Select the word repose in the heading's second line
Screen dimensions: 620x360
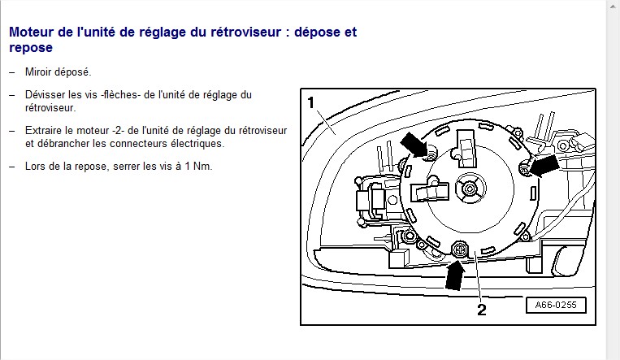pyautogui.click(x=31, y=48)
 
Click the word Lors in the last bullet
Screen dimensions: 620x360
pyautogui.click(x=34, y=167)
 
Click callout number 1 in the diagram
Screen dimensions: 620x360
pyautogui.click(x=311, y=103)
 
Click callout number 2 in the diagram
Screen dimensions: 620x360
pyautogui.click(x=482, y=310)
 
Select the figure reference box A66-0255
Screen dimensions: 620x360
pyautogui.click(x=556, y=305)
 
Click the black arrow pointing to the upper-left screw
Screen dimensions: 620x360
pyautogui.click(x=414, y=144)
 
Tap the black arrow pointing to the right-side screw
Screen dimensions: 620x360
pyautogui.click(x=544, y=165)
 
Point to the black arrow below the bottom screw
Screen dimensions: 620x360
pyautogui.click(x=455, y=275)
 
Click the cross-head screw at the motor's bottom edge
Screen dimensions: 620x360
pyautogui.click(x=460, y=249)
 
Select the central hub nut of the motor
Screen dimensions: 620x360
pyautogui.click(x=470, y=189)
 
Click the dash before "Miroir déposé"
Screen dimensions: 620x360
pyautogui.click(x=12, y=72)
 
